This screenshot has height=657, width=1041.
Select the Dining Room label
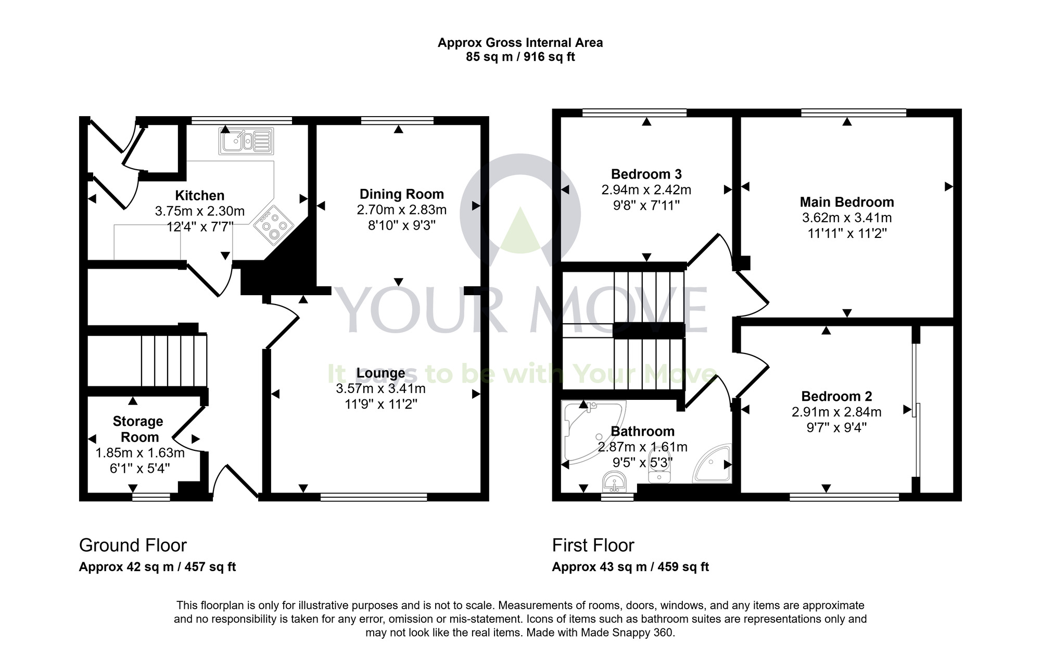pos(401,194)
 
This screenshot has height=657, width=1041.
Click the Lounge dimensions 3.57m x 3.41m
pos(380,388)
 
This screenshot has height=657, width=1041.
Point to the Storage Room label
pos(138,429)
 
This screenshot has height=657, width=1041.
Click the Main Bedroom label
pos(846,202)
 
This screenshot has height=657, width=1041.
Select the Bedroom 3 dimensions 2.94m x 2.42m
pos(646,189)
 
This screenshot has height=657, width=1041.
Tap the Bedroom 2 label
pos(836,396)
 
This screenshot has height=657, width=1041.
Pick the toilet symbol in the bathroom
pos(658,466)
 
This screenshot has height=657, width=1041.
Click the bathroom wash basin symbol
pos(615,482)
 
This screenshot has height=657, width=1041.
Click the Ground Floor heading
pos(133,545)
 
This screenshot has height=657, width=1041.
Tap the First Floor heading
pos(593,545)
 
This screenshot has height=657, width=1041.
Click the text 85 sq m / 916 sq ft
pos(520,57)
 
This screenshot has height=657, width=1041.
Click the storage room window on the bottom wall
pos(151,498)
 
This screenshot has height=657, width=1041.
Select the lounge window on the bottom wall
pos(373,498)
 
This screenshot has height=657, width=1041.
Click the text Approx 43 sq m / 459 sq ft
pos(630,567)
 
